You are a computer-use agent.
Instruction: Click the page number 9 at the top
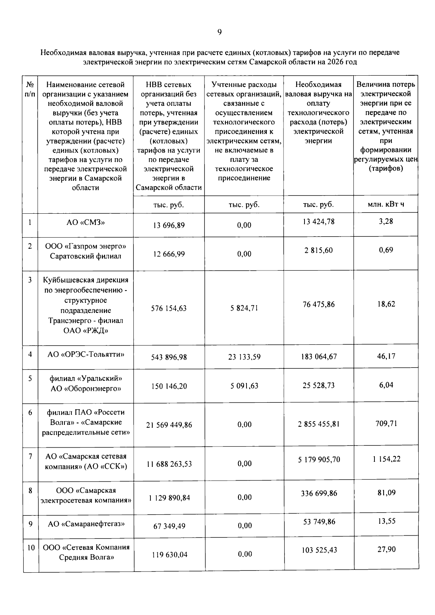point(219,33)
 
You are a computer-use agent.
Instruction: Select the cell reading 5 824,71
point(244,308)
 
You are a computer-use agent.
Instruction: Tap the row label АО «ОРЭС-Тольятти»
point(86,354)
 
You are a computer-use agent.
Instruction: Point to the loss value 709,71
point(386,423)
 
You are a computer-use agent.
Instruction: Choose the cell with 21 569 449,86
point(169,425)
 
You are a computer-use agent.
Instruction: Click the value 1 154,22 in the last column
point(386,459)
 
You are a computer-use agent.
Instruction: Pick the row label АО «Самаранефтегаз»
point(86,524)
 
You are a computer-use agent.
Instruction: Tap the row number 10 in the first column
point(31,548)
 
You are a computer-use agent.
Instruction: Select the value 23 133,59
point(244,357)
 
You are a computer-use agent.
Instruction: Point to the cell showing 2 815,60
point(318,250)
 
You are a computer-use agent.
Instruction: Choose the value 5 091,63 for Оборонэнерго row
point(244,386)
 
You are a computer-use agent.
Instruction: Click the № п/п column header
point(30,89)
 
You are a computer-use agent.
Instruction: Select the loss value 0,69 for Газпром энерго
point(386,250)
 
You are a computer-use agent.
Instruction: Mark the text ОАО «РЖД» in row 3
point(86,331)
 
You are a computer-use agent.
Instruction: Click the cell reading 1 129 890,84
point(169,498)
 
